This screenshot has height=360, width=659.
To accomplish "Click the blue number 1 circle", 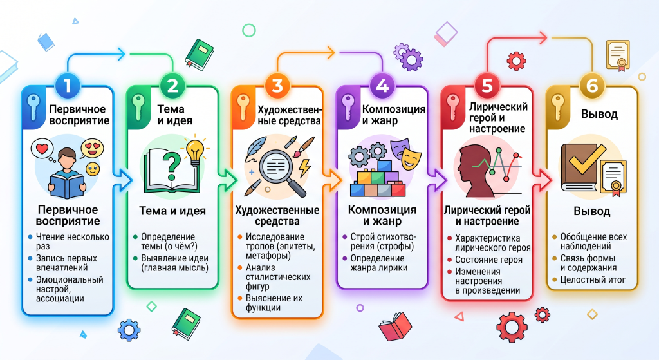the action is click(67, 86).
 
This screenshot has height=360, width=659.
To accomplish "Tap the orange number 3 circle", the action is click(277, 86).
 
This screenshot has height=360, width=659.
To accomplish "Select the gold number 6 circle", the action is click(592, 86).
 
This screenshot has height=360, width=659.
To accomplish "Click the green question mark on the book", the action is click(172, 165).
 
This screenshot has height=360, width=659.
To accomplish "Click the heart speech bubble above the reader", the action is click(42, 149).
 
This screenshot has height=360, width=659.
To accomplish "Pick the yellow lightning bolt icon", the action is click(304, 167).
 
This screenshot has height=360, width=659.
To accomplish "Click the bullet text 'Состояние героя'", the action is click(488, 260).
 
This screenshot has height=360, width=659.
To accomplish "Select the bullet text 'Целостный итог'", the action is click(593, 279).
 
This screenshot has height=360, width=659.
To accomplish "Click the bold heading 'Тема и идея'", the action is click(172, 211).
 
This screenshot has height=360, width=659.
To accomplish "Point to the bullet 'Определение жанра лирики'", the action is click(378, 263).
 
